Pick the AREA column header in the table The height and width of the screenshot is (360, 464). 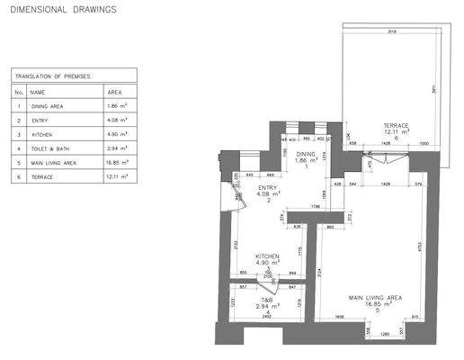(115, 92)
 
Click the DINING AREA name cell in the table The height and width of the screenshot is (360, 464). (46, 106)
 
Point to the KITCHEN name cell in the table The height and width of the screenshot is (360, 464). (40, 134)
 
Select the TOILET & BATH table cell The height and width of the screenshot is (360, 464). (49, 148)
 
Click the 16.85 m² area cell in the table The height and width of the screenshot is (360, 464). (120, 163)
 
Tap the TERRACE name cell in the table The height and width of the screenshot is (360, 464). (40, 177)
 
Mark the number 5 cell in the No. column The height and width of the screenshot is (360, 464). (18, 163)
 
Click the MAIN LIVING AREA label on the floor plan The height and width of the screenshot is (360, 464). (374, 296)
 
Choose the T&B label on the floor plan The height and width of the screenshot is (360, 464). (267, 300)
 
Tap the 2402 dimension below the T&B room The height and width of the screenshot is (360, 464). (267, 317)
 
